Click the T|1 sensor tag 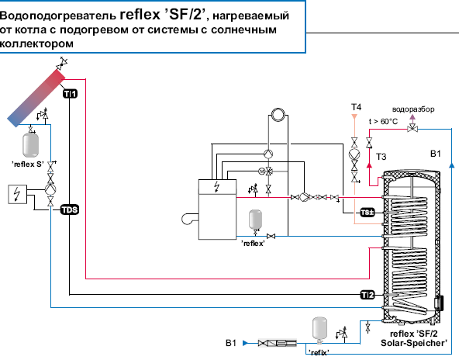pyautogui.click(x=70, y=94)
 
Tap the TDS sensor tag pyautogui.click(x=70, y=209)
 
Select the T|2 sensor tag pyautogui.click(x=368, y=295)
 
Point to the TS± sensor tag pyautogui.click(x=368, y=213)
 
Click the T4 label pyautogui.click(x=356, y=107)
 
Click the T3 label pyautogui.click(x=381, y=157)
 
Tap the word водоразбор pyautogui.click(x=413, y=109)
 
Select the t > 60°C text pyautogui.click(x=383, y=121)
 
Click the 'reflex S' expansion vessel pyautogui.click(x=30, y=145)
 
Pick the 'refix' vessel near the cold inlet pyautogui.click(x=319, y=330)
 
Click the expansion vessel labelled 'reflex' pyautogui.click(x=255, y=220)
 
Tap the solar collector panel pyautogui.click(x=36, y=98)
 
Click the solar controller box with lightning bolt pyautogui.click(x=17, y=194)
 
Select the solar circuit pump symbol pyautogui.click(x=50, y=189)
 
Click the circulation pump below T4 pyautogui.click(x=354, y=154)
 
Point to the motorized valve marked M pyautogui.click(x=262, y=171)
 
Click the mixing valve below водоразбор pyautogui.click(x=412, y=128)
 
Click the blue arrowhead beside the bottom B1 pyautogui.click(x=245, y=343)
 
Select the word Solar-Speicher pyautogui.click(x=414, y=343)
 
